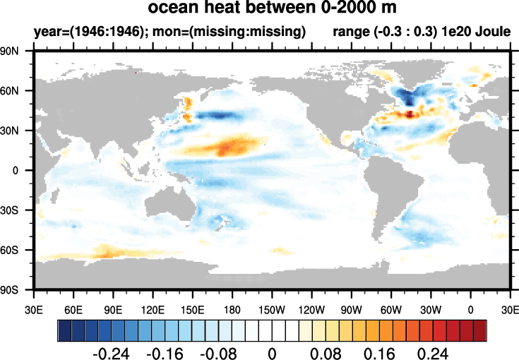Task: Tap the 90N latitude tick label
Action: (x=17, y=52)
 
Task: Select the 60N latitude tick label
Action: (x=17, y=91)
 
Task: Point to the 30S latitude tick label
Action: (x=17, y=210)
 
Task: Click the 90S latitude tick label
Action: (x=17, y=289)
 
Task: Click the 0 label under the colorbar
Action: (x=272, y=352)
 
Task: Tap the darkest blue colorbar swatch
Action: (x=64, y=329)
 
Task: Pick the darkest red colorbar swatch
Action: (x=480, y=329)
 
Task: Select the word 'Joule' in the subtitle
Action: (x=491, y=32)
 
